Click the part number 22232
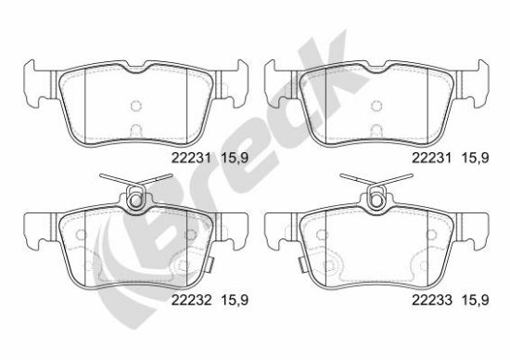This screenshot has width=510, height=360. point(192,300)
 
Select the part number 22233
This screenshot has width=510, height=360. point(432,300)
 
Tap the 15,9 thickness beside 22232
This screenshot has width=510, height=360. point(235,301)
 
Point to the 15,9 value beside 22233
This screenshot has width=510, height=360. point(475,301)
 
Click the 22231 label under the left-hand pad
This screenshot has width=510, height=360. point(192,158)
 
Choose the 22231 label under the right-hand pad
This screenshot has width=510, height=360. point(432,158)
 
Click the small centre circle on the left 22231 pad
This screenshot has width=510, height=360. point(135,106)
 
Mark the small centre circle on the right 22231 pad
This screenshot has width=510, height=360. point(376,106)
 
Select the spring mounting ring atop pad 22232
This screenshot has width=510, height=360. point(134,200)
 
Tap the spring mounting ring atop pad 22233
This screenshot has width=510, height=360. point(376,200)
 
